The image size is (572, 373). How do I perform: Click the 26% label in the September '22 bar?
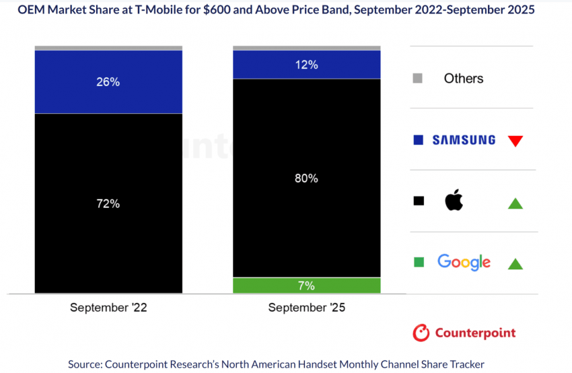click(108, 81)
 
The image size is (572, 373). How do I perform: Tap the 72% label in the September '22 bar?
click(108, 203)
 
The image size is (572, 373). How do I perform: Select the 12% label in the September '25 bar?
click(306, 65)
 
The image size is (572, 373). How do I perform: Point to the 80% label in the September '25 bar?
click(306, 178)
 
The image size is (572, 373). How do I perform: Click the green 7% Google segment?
click(306, 285)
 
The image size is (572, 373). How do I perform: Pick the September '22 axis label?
click(108, 308)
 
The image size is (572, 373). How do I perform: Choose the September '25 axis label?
click(306, 308)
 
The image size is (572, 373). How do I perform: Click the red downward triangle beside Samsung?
click(515, 141)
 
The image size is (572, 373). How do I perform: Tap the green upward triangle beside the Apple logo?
click(515, 203)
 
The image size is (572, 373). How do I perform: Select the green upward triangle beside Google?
click(515, 263)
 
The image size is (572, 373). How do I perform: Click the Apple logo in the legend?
click(454, 200)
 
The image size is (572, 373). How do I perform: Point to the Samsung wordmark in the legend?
click(464, 140)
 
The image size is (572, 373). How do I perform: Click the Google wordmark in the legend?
click(464, 262)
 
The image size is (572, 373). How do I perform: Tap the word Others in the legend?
click(463, 79)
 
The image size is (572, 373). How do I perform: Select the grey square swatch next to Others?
click(418, 78)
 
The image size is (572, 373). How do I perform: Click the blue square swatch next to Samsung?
click(419, 140)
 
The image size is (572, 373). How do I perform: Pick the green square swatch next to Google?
click(419, 262)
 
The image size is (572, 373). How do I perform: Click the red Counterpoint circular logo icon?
click(421, 333)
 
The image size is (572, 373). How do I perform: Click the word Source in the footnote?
click(85, 364)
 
